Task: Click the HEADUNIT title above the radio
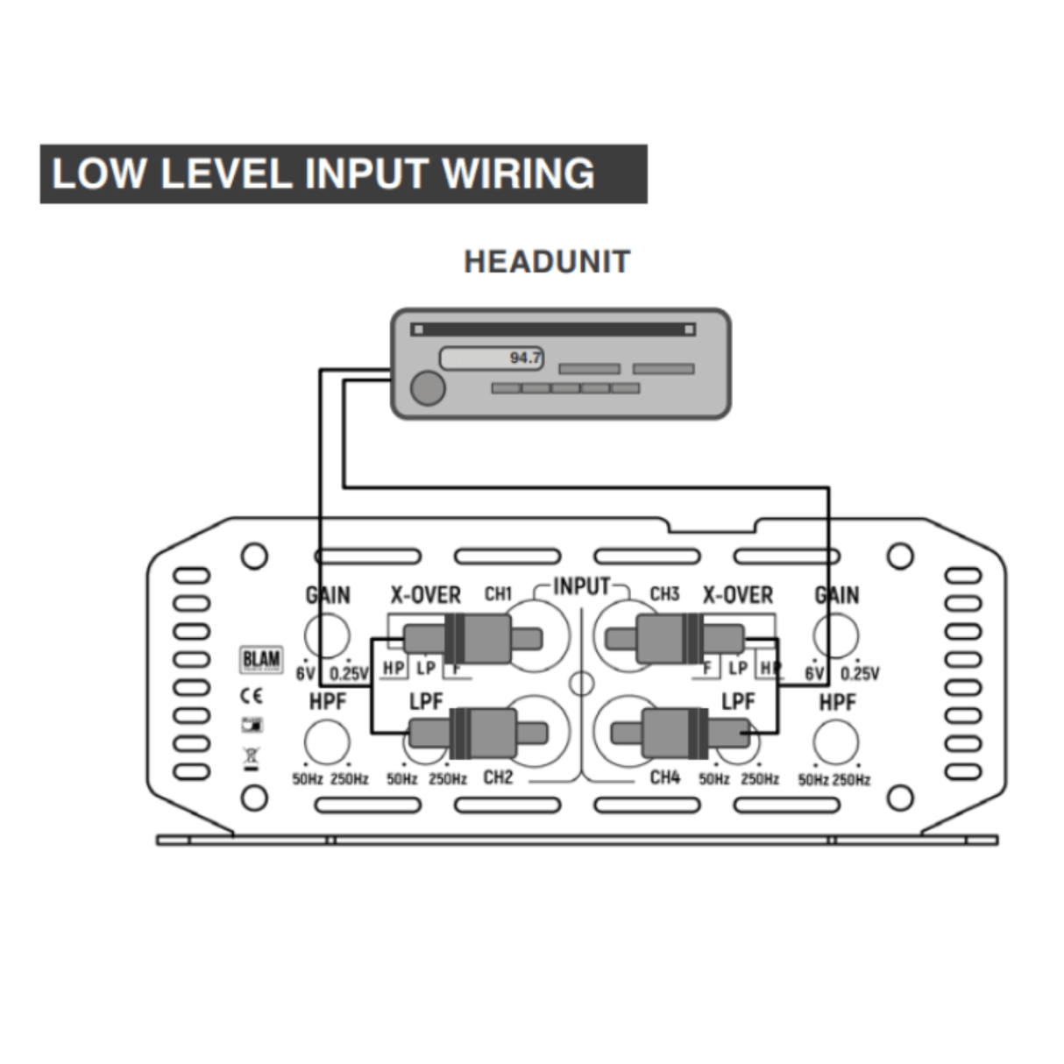pos(547,261)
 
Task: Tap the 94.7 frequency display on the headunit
pos(492,358)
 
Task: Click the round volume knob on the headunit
pos(428,388)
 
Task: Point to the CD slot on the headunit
pos(553,330)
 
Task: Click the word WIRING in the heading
pos(519,174)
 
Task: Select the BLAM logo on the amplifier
pos(261,660)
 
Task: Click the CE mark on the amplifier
pos(252,696)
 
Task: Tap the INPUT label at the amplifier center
pos(581,586)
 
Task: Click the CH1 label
pos(498,594)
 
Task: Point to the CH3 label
pos(664,594)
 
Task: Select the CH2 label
pos(498,777)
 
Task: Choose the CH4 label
pos(664,777)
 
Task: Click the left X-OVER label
pos(425,595)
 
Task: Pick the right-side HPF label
pos(837,702)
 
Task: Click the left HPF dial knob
pos(327,741)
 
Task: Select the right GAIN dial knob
pos(836,635)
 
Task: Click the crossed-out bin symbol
pos(252,756)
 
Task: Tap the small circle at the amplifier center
pos(581,683)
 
